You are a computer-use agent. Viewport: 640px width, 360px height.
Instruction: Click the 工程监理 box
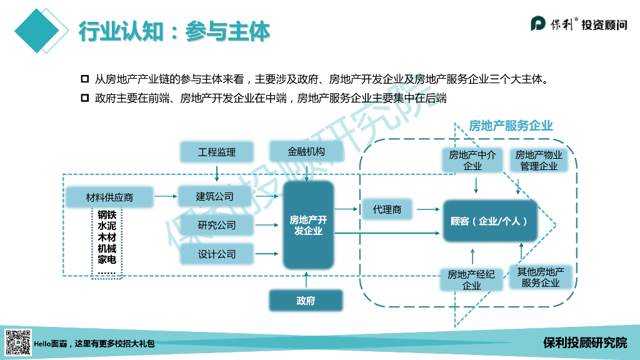[x=216, y=152]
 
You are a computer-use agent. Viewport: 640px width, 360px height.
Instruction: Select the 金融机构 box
[x=306, y=152]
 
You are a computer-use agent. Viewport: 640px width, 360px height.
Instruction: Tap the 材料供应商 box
[x=109, y=197]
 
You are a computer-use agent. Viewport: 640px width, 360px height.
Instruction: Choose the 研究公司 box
[x=216, y=225]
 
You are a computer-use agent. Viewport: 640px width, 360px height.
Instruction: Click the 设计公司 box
[x=216, y=254]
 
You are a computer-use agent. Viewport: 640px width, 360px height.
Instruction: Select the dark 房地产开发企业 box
[x=307, y=225]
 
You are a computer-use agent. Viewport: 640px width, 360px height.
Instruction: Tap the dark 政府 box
[x=306, y=301]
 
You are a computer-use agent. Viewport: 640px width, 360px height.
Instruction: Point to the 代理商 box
[x=387, y=209]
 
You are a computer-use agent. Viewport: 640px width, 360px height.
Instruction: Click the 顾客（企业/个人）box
[x=490, y=221]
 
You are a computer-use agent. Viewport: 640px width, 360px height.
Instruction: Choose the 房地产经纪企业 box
[x=471, y=279]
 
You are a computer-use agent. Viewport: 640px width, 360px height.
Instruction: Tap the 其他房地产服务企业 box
[x=541, y=277]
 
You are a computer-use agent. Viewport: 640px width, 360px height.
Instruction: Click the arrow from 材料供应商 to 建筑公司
[x=166, y=197]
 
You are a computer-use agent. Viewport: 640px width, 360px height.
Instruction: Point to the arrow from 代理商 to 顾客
[x=428, y=209]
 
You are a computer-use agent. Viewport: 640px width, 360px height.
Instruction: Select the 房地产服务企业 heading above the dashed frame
[x=511, y=126]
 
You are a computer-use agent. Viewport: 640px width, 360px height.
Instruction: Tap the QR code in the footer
[x=18, y=342]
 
